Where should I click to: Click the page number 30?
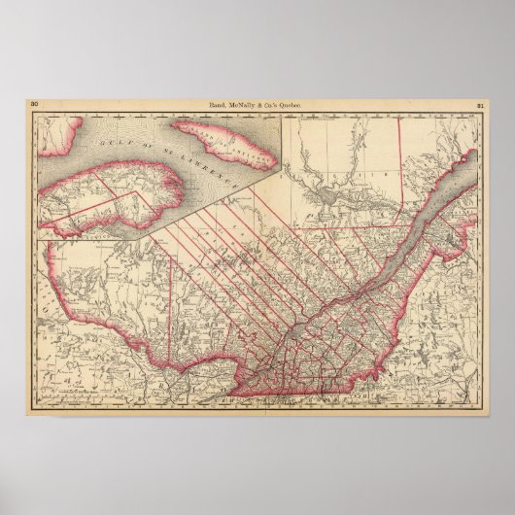(x=35, y=103)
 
